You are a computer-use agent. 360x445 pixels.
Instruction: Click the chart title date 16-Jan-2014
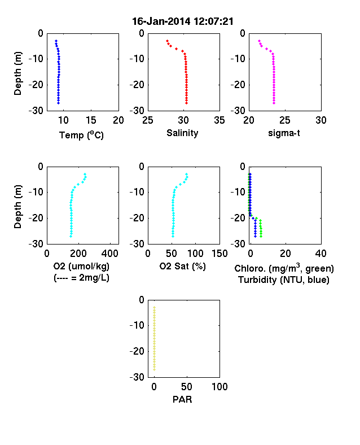tap(161, 21)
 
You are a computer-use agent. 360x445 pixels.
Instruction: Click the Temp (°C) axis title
tap(81, 135)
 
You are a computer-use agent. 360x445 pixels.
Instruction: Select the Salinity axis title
tap(182, 133)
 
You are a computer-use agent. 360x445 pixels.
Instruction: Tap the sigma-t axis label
tap(284, 133)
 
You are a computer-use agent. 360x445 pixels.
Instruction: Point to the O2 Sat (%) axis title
tap(182, 266)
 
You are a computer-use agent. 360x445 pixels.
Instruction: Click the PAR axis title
tap(182, 399)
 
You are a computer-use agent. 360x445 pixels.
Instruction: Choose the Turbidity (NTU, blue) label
tap(284, 280)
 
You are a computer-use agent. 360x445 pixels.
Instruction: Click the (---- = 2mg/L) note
tap(81, 277)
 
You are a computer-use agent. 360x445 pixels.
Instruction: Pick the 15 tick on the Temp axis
tap(91, 120)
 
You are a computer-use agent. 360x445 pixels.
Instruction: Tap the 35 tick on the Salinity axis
tap(219, 120)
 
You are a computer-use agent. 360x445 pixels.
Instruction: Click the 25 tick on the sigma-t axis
tap(284, 120)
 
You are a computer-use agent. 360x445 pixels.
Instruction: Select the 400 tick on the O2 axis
tap(110, 254)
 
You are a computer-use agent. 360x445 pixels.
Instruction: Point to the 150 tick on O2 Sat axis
tap(219, 254)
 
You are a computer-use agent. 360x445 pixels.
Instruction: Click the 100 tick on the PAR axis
tap(219, 386)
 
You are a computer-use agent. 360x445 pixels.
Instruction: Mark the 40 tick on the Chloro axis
tap(321, 254)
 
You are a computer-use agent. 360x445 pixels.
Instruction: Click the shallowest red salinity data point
tap(167, 41)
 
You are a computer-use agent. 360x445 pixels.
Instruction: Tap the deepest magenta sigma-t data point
tap(274, 103)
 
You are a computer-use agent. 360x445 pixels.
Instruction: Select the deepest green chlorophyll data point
tap(261, 236)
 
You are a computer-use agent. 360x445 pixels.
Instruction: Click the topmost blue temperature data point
tap(56, 41)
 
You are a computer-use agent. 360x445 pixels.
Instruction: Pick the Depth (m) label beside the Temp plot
tap(17, 73)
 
